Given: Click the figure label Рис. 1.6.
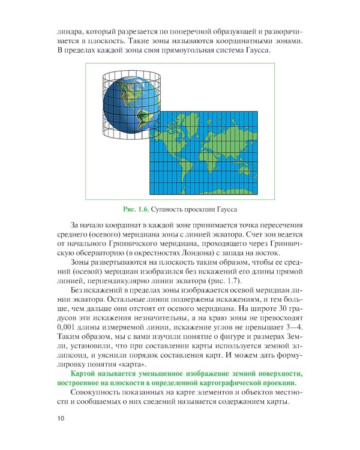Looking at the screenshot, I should click(x=136, y=209).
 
